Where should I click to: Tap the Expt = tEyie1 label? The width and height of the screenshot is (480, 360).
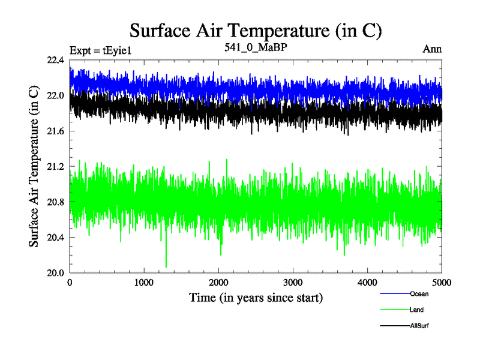click(x=100, y=50)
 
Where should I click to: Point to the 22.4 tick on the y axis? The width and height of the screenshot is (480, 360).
click(x=55, y=60)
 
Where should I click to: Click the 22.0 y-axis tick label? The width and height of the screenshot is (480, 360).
click(x=55, y=95)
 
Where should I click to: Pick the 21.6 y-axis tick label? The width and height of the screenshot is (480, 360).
click(x=55, y=131)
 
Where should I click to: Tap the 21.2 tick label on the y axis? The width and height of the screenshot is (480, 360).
click(x=55, y=166)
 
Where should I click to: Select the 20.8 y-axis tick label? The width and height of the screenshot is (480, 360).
click(x=55, y=202)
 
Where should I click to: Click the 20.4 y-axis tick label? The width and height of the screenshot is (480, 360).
click(x=55, y=237)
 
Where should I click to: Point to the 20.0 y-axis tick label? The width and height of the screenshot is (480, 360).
click(x=55, y=272)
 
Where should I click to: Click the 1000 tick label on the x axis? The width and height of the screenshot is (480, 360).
click(x=144, y=283)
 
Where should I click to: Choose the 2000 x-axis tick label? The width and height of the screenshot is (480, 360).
click(x=218, y=283)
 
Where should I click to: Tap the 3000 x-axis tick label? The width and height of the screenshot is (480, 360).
click(x=293, y=283)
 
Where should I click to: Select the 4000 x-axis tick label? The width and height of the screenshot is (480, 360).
click(x=367, y=283)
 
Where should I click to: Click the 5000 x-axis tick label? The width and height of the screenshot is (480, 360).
click(x=440, y=283)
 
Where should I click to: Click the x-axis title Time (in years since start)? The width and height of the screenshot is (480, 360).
click(x=256, y=298)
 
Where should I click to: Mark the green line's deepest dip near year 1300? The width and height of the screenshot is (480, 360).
click(x=166, y=266)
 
